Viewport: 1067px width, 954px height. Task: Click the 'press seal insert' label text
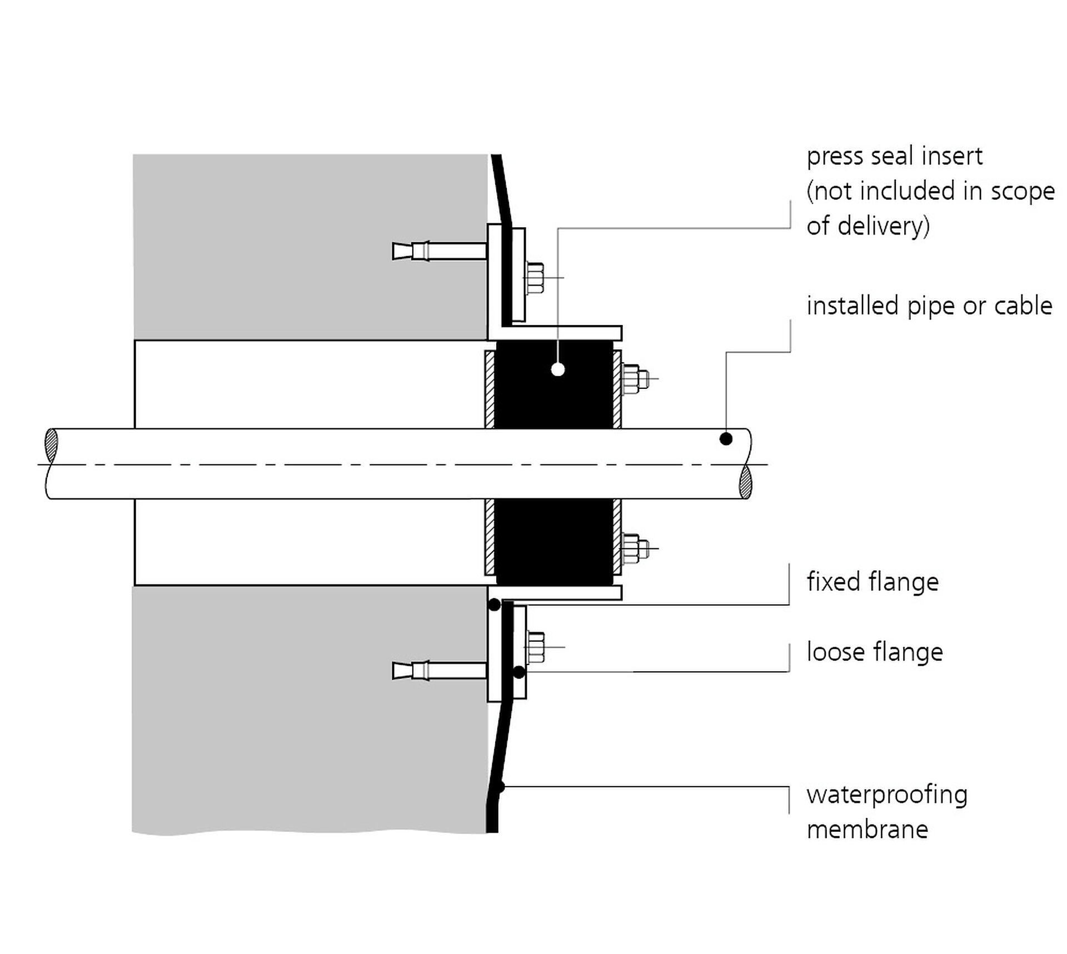coord(894,156)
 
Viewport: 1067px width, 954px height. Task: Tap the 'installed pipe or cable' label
coord(929,306)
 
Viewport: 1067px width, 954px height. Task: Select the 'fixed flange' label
coord(872,582)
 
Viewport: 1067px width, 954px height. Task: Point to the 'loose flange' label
coord(875,652)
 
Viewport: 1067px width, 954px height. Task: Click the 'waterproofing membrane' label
coord(887,811)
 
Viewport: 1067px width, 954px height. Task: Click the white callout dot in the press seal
coord(558,369)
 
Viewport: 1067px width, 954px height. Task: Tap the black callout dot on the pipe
coord(726,439)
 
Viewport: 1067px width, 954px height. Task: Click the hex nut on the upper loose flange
coord(535,278)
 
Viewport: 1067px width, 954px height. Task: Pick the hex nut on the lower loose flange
coord(535,647)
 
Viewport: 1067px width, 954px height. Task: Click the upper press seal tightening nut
coord(634,379)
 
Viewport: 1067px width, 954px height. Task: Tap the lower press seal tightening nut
coord(634,548)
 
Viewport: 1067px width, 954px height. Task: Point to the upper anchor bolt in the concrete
coord(439,251)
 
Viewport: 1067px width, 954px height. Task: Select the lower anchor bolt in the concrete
coord(439,671)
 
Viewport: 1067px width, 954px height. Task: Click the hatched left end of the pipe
coord(51,445)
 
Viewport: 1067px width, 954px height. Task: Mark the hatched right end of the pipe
coord(745,482)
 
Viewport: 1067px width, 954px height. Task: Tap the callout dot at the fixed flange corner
coord(494,605)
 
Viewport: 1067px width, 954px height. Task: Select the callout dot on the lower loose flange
coord(518,672)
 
